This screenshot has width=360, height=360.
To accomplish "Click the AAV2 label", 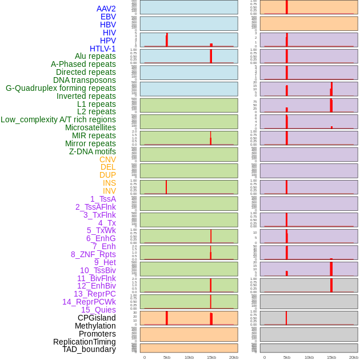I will pyautogui.click(x=106, y=9).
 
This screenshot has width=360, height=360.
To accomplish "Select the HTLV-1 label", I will pyautogui.click(x=103, y=49).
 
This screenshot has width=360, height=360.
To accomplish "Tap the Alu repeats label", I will pyautogui.click(x=95, y=56).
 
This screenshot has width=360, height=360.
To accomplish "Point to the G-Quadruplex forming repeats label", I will pyautogui.click(x=61, y=88).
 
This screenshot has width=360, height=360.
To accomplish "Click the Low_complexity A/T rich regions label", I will pyautogui.click(x=58, y=119).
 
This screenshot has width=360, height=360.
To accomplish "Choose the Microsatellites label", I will pyautogui.click(x=90, y=127).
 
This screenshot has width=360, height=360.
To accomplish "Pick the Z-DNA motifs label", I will pyautogui.click(x=93, y=151).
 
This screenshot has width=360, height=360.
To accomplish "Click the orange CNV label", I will pyautogui.click(x=107, y=159).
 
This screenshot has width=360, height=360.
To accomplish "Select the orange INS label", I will pyautogui.click(x=109, y=183).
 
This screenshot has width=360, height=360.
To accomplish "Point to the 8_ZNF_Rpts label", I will pyautogui.click(x=93, y=254).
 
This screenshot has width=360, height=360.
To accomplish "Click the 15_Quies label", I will pyautogui.click(x=98, y=310).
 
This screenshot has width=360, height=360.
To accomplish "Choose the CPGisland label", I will pyautogui.click(x=97, y=318).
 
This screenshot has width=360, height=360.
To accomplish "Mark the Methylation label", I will pyautogui.click(x=95, y=326).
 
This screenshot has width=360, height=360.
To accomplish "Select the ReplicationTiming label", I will pyautogui.click(x=85, y=342).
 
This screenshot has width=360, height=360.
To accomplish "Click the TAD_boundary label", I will pyautogui.click(x=89, y=349).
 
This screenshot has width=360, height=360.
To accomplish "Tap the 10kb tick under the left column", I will pyautogui.click(x=189, y=357).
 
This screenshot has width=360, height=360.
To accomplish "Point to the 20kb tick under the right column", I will pyautogui.click(x=354, y=357).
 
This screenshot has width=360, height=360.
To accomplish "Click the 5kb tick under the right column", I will pyautogui.click(x=287, y=357).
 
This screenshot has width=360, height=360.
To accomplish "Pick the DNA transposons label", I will pyautogui.click(x=85, y=80).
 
